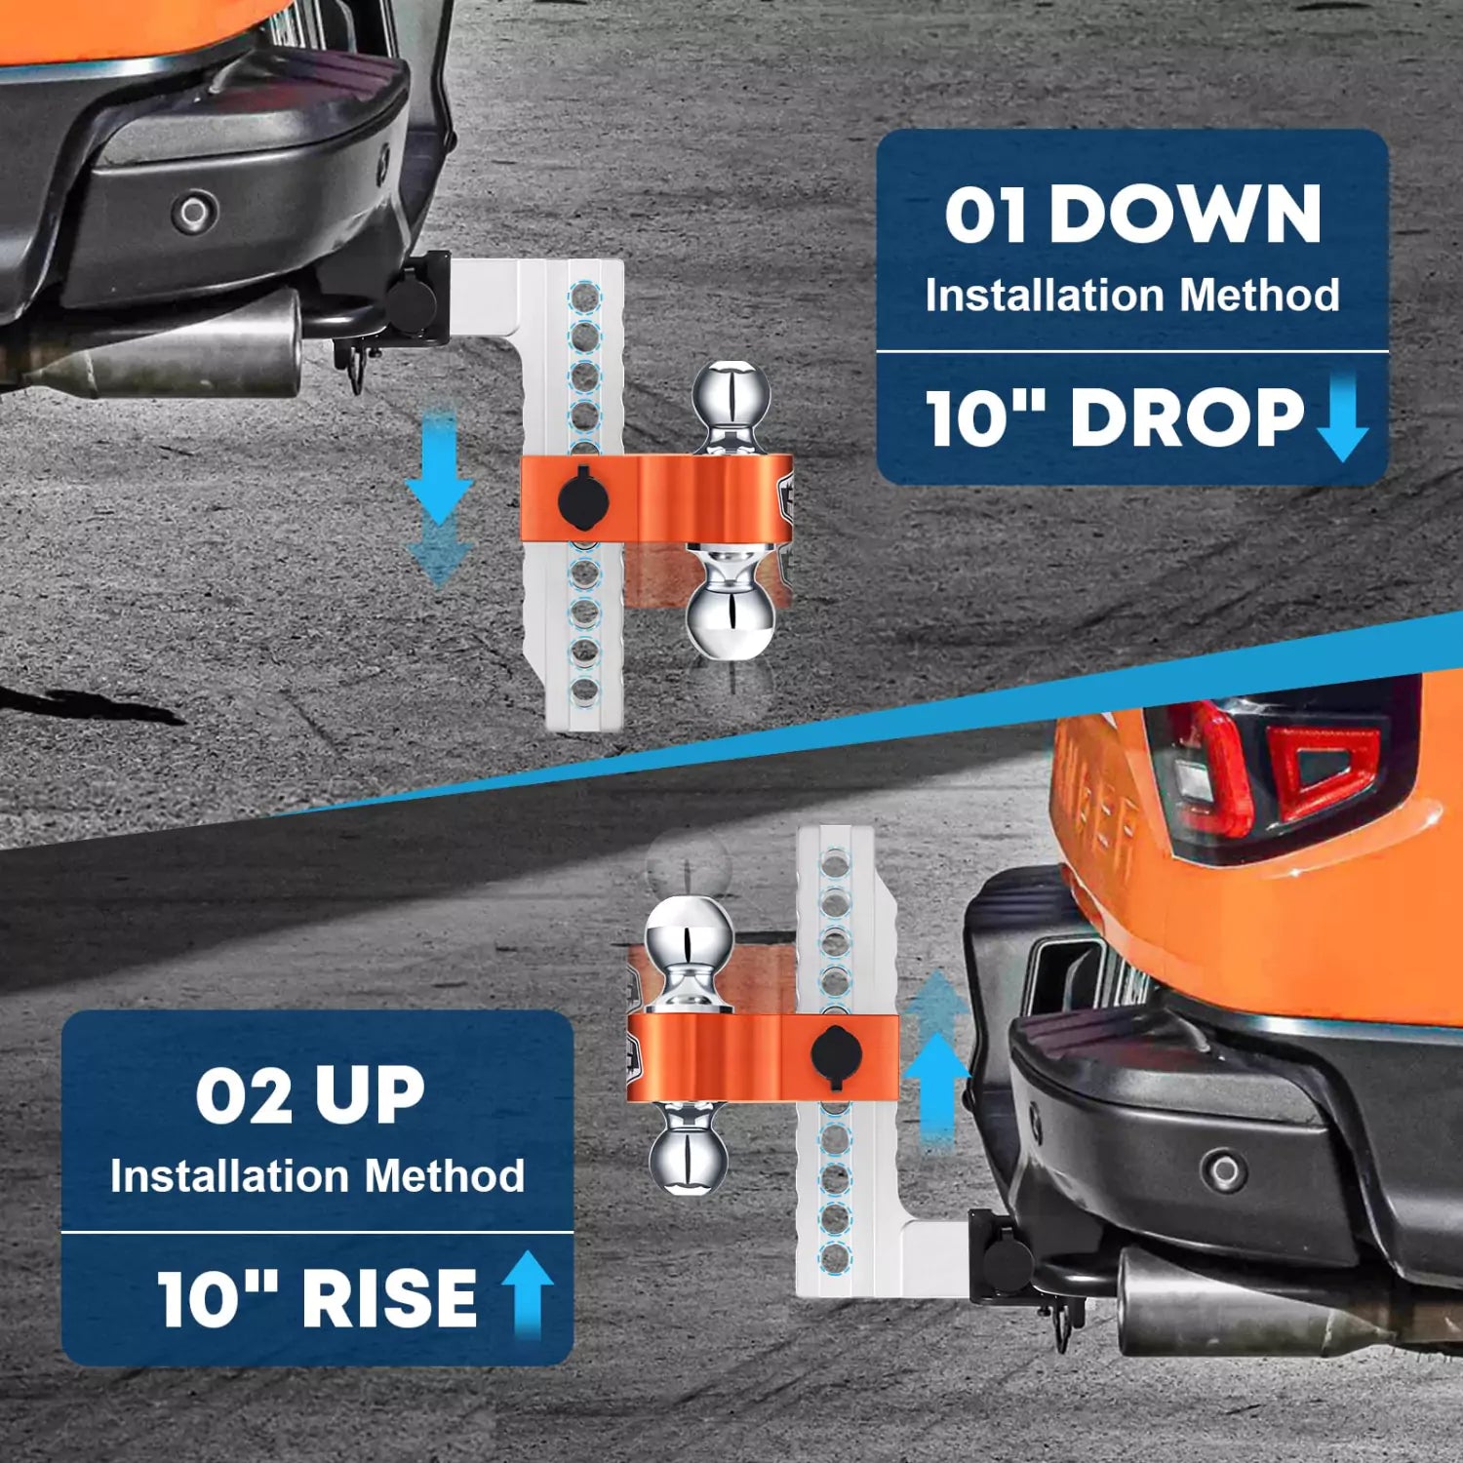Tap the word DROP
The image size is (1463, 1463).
pos(1187,419)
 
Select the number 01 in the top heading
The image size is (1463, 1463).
pos(986,216)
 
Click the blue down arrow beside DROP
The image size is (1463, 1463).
pos(1342,416)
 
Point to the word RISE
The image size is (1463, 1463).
pos(389,1298)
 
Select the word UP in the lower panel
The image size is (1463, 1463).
pos(369,1095)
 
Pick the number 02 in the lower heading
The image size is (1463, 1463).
pos(244,1096)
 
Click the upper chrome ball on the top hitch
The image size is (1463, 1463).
pos(731,396)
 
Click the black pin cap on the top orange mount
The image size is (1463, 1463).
pos(583,499)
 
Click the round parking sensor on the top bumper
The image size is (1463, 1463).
pos(194,213)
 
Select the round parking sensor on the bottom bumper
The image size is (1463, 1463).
pos(1224,1169)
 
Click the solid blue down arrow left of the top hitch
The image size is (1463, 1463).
pos(439,468)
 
